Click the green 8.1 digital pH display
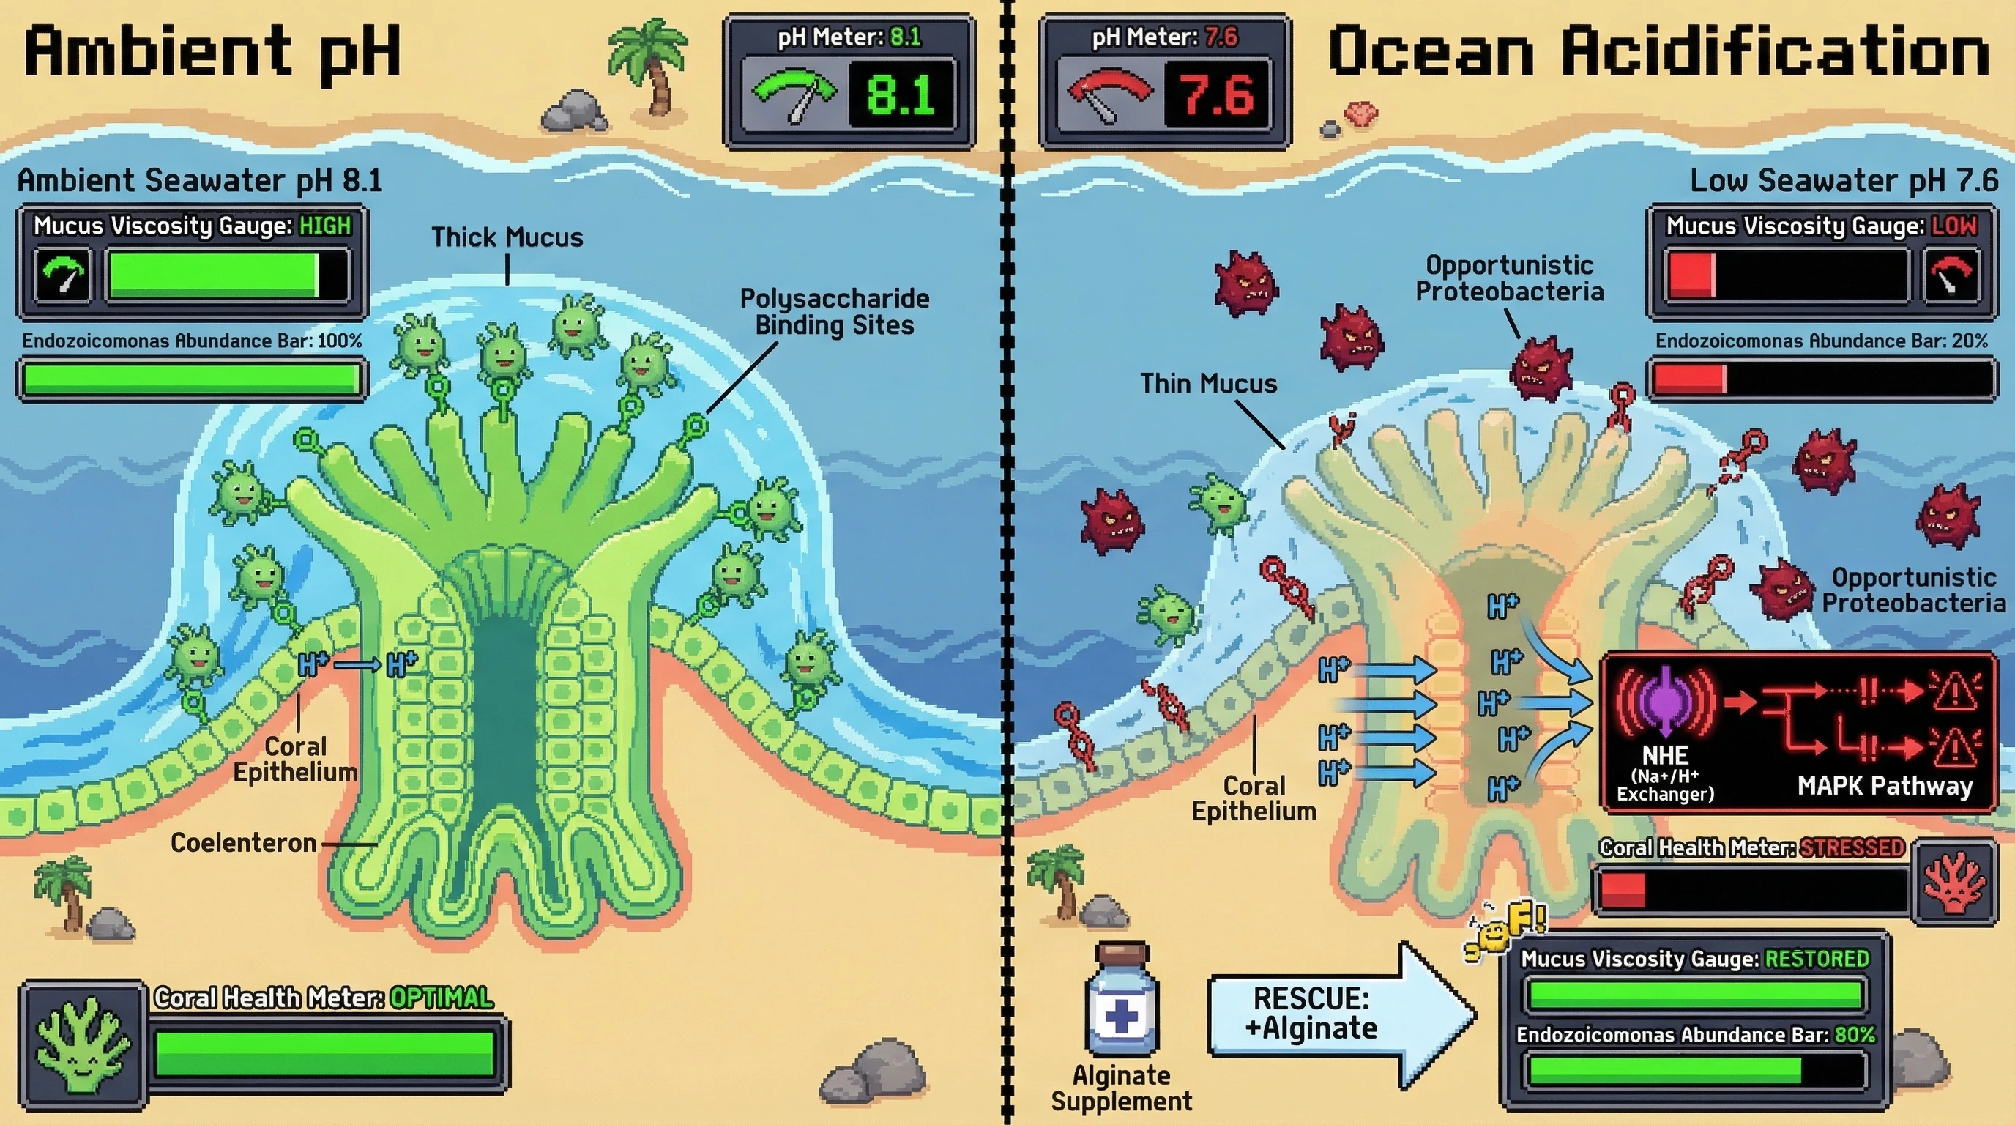(x=901, y=95)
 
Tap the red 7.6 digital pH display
(x=1216, y=95)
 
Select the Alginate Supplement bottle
(x=1122, y=1000)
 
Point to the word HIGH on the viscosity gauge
(x=325, y=226)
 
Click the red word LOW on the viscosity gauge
(x=1954, y=226)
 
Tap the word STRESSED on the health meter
(x=1852, y=848)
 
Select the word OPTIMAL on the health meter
(x=442, y=998)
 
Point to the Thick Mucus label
(x=507, y=238)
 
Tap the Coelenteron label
(x=243, y=843)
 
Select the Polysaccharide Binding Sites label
(x=835, y=311)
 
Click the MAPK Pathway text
(x=1885, y=785)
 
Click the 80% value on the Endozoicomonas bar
(x=1855, y=1035)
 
